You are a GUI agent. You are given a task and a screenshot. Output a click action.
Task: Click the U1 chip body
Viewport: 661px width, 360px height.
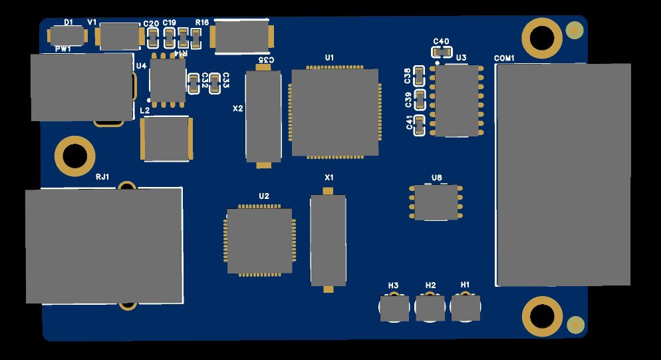click(x=335, y=112)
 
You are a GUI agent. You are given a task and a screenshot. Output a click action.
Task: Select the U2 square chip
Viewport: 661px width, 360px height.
click(x=259, y=241)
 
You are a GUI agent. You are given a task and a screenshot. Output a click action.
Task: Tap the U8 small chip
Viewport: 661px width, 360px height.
click(x=436, y=203)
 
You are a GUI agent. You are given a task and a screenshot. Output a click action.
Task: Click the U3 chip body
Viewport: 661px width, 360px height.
click(x=457, y=100)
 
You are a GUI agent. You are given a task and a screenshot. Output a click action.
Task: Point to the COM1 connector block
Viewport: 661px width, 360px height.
click(x=563, y=174)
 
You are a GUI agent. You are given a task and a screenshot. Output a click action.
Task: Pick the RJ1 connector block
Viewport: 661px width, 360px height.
click(x=104, y=246)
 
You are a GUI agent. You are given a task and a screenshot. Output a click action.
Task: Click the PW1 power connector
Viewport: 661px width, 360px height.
click(x=81, y=87)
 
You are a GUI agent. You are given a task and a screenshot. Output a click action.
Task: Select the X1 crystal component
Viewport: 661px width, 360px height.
click(x=328, y=240)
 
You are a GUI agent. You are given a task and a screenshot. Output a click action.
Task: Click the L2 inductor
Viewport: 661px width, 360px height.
click(x=166, y=138)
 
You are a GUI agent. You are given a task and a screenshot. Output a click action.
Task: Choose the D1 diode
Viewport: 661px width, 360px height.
click(x=66, y=36)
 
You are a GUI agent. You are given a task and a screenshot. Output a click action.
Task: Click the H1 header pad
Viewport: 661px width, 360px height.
click(x=465, y=308)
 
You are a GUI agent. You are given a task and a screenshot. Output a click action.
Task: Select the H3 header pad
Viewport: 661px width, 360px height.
click(x=394, y=308)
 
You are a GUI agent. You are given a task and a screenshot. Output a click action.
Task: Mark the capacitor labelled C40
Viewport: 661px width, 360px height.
click(x=441, y=52)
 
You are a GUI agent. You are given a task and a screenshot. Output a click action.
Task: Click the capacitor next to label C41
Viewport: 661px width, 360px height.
click(x=419, y=125)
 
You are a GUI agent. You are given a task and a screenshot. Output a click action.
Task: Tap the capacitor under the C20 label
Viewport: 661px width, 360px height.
click(x=152, y=38)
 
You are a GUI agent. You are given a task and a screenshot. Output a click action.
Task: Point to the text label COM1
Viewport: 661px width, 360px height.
click(x=504, y=59)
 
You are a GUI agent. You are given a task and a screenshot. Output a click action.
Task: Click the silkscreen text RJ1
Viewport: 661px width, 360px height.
click(x=102, y=177)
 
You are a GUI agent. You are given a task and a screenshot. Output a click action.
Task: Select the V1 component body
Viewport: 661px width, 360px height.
click(x=120, y=37)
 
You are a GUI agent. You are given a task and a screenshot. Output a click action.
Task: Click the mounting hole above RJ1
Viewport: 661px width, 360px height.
click(x=74, y=156)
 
